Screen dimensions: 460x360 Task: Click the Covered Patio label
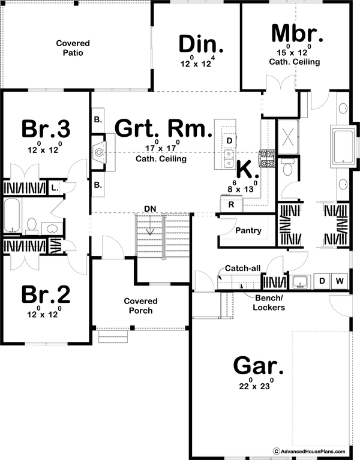73,48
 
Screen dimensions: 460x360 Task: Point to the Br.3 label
46,128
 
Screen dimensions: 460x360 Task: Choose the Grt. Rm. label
163,128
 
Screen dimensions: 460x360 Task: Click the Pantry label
247,230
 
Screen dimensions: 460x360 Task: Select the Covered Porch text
140,306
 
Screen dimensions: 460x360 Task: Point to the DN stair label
150,208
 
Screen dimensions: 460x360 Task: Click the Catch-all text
242,269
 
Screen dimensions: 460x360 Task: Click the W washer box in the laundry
339,281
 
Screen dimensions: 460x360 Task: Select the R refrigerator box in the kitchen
231,205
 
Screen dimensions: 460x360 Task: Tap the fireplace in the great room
100,153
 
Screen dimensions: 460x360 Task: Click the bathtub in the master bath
344,147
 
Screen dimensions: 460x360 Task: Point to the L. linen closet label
53,188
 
